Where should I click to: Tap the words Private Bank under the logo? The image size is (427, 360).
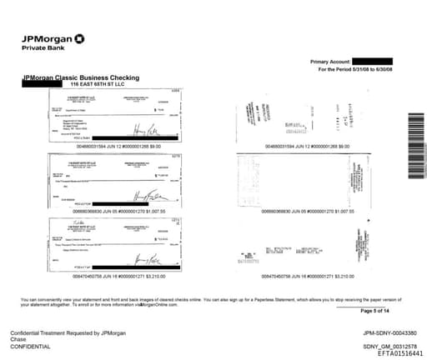click(x=42, y=49)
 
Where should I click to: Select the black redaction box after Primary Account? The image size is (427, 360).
click(x=372, y=62)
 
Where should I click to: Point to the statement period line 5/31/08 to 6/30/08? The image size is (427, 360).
click(x=355, y=70)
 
